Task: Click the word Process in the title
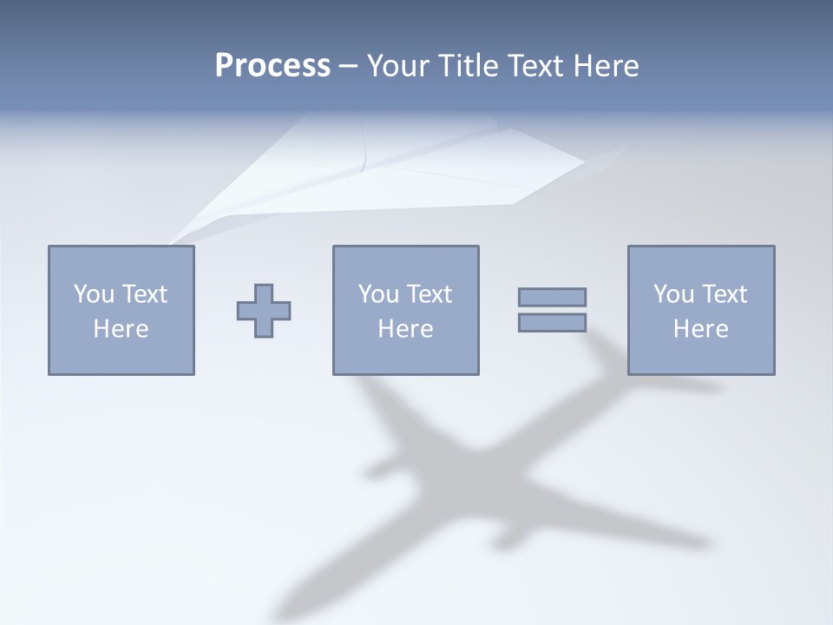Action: tap(272, 66)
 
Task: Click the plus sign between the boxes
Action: tap(264, 310)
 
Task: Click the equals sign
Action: tap(552, 310)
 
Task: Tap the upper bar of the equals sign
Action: tap(552, 297)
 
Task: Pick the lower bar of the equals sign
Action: tap(552, 323)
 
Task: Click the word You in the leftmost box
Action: tap(94, 294)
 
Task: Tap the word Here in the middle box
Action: tap(406, 329)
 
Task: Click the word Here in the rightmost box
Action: tap(701, 329)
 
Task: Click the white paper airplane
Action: tap(390, 169)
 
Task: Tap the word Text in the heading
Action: tap(535, 66)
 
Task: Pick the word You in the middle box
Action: tap(378, 294)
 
